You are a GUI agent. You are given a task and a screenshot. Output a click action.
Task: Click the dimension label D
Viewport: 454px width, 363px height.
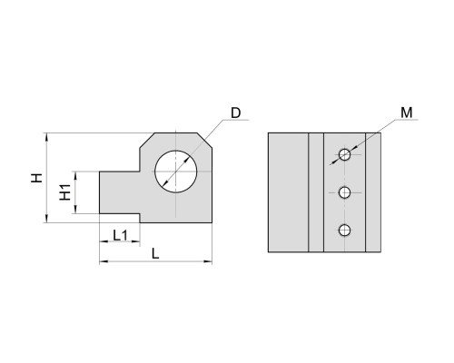click(235, 113)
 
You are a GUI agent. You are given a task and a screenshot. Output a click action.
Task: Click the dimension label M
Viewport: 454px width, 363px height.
click(407, 113)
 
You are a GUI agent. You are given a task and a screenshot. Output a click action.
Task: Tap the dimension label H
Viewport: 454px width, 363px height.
click(37, 178)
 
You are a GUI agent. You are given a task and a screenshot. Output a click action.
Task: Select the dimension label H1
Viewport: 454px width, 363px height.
click(64, 192)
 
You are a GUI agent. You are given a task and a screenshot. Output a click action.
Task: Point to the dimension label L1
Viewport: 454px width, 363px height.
click(121, 235)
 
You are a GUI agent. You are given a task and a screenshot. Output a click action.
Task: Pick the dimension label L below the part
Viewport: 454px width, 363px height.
click(155, 254)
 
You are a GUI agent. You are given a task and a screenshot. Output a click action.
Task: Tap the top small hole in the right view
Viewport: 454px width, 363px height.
click(344, 155)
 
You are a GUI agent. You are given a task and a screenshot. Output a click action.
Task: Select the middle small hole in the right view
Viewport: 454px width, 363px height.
click(344, 192)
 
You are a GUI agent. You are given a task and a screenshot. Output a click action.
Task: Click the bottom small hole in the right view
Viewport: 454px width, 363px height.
click(344, 231)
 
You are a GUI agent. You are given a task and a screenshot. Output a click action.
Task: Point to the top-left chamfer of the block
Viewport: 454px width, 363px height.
click(147, 141)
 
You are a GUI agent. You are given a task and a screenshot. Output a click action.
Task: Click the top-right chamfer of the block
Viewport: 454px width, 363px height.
click(204, 141)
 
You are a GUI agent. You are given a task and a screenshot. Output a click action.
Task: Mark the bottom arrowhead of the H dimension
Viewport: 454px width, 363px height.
click(46, 219)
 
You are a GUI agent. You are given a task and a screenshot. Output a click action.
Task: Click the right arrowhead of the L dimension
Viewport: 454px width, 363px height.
click(208, 261)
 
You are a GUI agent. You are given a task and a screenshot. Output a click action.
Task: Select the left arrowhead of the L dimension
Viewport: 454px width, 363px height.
click(104, 261)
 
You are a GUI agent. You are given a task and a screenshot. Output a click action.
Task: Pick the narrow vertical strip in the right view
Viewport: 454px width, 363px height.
click(316, 192)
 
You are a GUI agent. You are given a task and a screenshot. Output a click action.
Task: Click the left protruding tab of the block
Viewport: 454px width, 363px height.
click(120, 192)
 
